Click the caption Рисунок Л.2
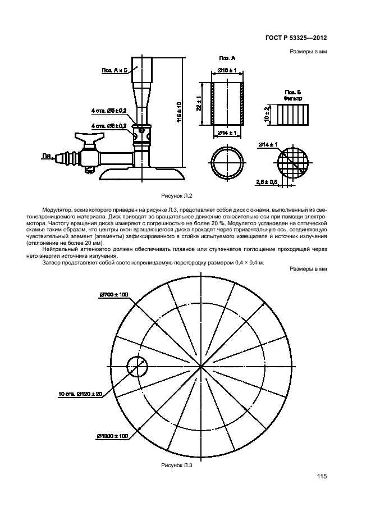[178, 196]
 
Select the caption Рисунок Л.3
[177, 465]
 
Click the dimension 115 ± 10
[179, 112]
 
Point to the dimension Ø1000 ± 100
[112, 436]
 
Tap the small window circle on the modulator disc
[138, 367]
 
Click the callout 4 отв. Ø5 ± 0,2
[109, 111]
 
